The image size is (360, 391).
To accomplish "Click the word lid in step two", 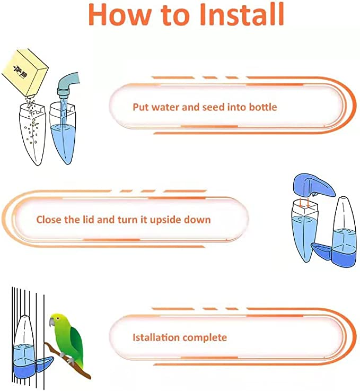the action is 90,220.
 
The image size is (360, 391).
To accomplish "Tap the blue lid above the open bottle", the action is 314,186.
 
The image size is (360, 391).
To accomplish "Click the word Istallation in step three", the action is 156,337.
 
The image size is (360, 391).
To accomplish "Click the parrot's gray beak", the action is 51,322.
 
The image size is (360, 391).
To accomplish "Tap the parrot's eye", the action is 58,318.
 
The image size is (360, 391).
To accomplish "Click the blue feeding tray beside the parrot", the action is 45,364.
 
